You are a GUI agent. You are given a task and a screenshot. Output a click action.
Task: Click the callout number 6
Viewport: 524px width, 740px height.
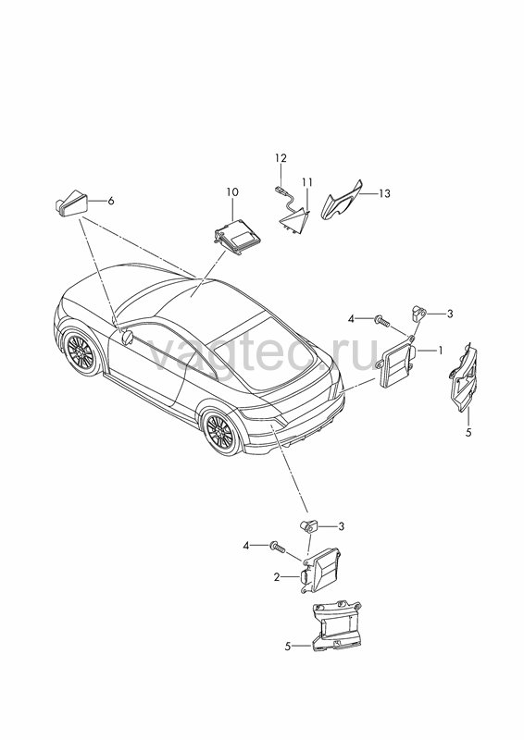click(x=111, y=201)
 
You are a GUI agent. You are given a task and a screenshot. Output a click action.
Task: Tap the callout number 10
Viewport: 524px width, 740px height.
click(x=232, y=192)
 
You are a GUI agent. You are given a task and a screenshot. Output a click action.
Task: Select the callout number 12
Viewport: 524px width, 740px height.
click(x=281, y=157)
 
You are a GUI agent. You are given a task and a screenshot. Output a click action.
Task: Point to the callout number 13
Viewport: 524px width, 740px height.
click(x=384, y=193)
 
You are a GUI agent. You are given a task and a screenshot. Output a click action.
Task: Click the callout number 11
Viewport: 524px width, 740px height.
click(x=307, y=181)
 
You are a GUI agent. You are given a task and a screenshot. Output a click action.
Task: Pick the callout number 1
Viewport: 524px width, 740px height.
click(x=440, y=351)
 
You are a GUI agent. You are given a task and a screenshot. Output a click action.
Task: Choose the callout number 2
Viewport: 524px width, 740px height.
click(x=277, y=577)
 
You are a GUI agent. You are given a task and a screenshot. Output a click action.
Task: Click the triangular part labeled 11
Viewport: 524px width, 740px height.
click(x=293, y=221)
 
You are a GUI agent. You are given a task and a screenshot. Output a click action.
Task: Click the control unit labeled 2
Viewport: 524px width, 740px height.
click(x=320, y=572)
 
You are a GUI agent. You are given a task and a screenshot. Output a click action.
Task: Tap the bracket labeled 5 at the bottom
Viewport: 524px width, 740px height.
click(x=336, y=626)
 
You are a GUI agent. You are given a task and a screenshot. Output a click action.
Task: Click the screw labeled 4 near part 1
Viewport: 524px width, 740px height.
click(x=381, y=321)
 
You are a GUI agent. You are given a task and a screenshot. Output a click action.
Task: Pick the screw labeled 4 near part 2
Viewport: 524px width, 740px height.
click(x=277, y=547)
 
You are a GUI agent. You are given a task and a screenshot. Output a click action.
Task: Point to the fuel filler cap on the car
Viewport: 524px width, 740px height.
click(x=128, y=338)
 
